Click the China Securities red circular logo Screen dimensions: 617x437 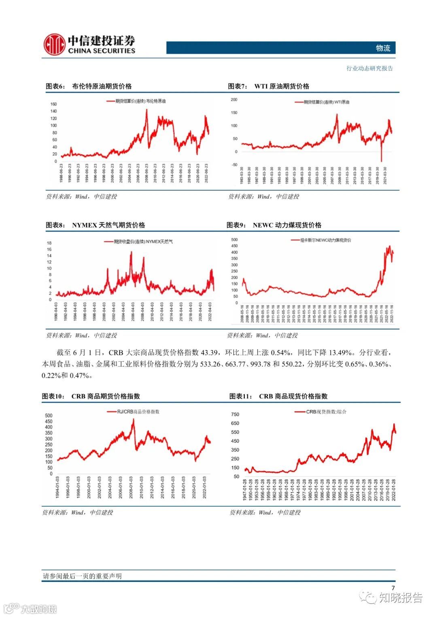pos(54,44)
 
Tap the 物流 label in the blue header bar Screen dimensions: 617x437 pos(383,48)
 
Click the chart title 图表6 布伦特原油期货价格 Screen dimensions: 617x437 pos(89,86)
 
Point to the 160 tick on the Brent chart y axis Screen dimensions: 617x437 pos(53,104)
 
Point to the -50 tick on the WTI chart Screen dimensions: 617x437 pos(234,165)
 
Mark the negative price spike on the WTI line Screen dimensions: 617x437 pos(381,160)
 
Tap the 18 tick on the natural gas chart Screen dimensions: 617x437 pos(49,243)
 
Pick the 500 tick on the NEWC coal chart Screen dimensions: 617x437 pos(234,240)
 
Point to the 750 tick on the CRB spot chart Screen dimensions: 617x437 pos(235,415)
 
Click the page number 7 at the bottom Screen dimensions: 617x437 pos(393,588)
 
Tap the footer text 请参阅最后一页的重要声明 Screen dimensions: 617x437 pos(82,576)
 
